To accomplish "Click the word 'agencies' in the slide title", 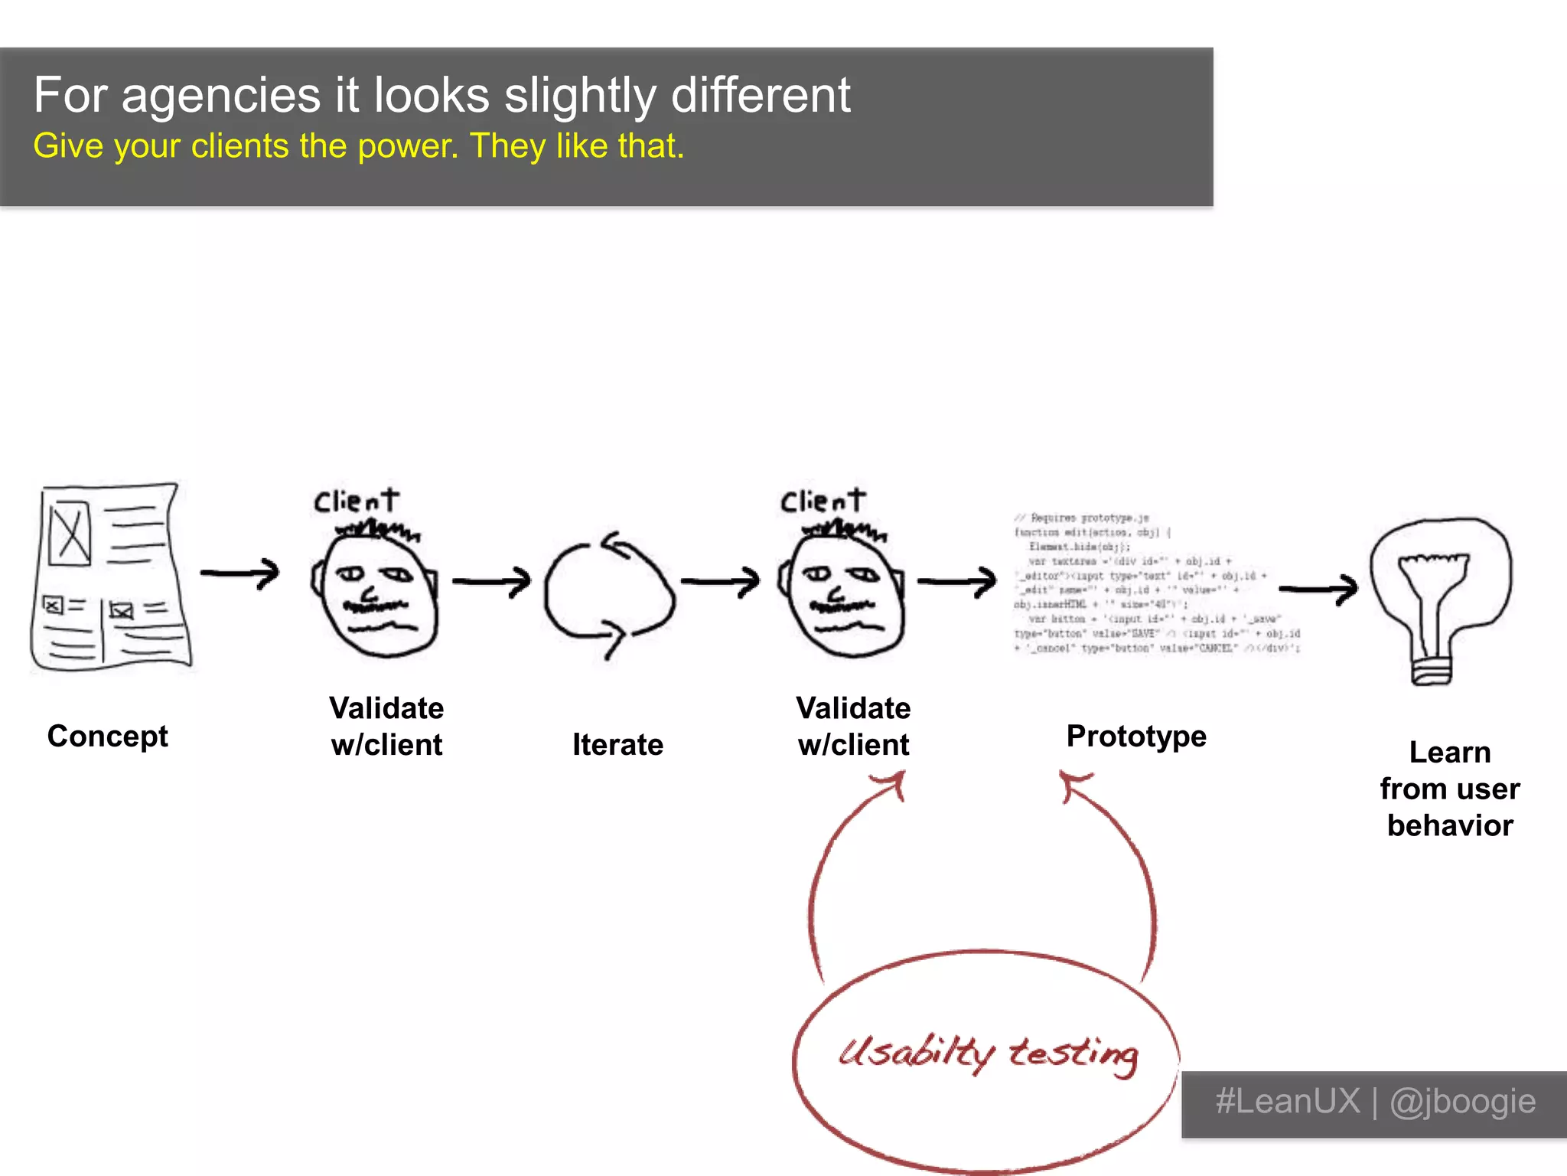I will tap(220, 97).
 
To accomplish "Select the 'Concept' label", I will tap(107, 736).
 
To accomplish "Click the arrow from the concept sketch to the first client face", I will tap(240, 573).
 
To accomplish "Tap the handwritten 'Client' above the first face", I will tap(357, 501).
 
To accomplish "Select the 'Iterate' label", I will tap(617, 745).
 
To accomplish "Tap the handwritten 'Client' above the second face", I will tap(823, 501).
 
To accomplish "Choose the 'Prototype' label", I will tap(1136, 736).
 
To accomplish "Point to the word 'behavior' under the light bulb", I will tap(1450, 825).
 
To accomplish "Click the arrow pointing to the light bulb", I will tap(1318, 588).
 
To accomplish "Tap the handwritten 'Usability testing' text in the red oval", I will tap(988, 1054).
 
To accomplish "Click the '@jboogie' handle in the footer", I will tap(1462, 1102).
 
